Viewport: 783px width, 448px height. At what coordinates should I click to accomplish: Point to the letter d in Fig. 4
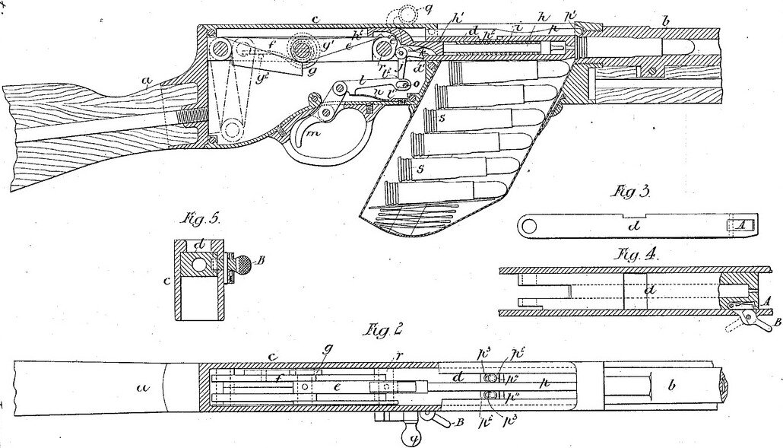coord(648,290)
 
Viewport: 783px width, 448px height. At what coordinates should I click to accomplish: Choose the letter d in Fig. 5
coord(199,245)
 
